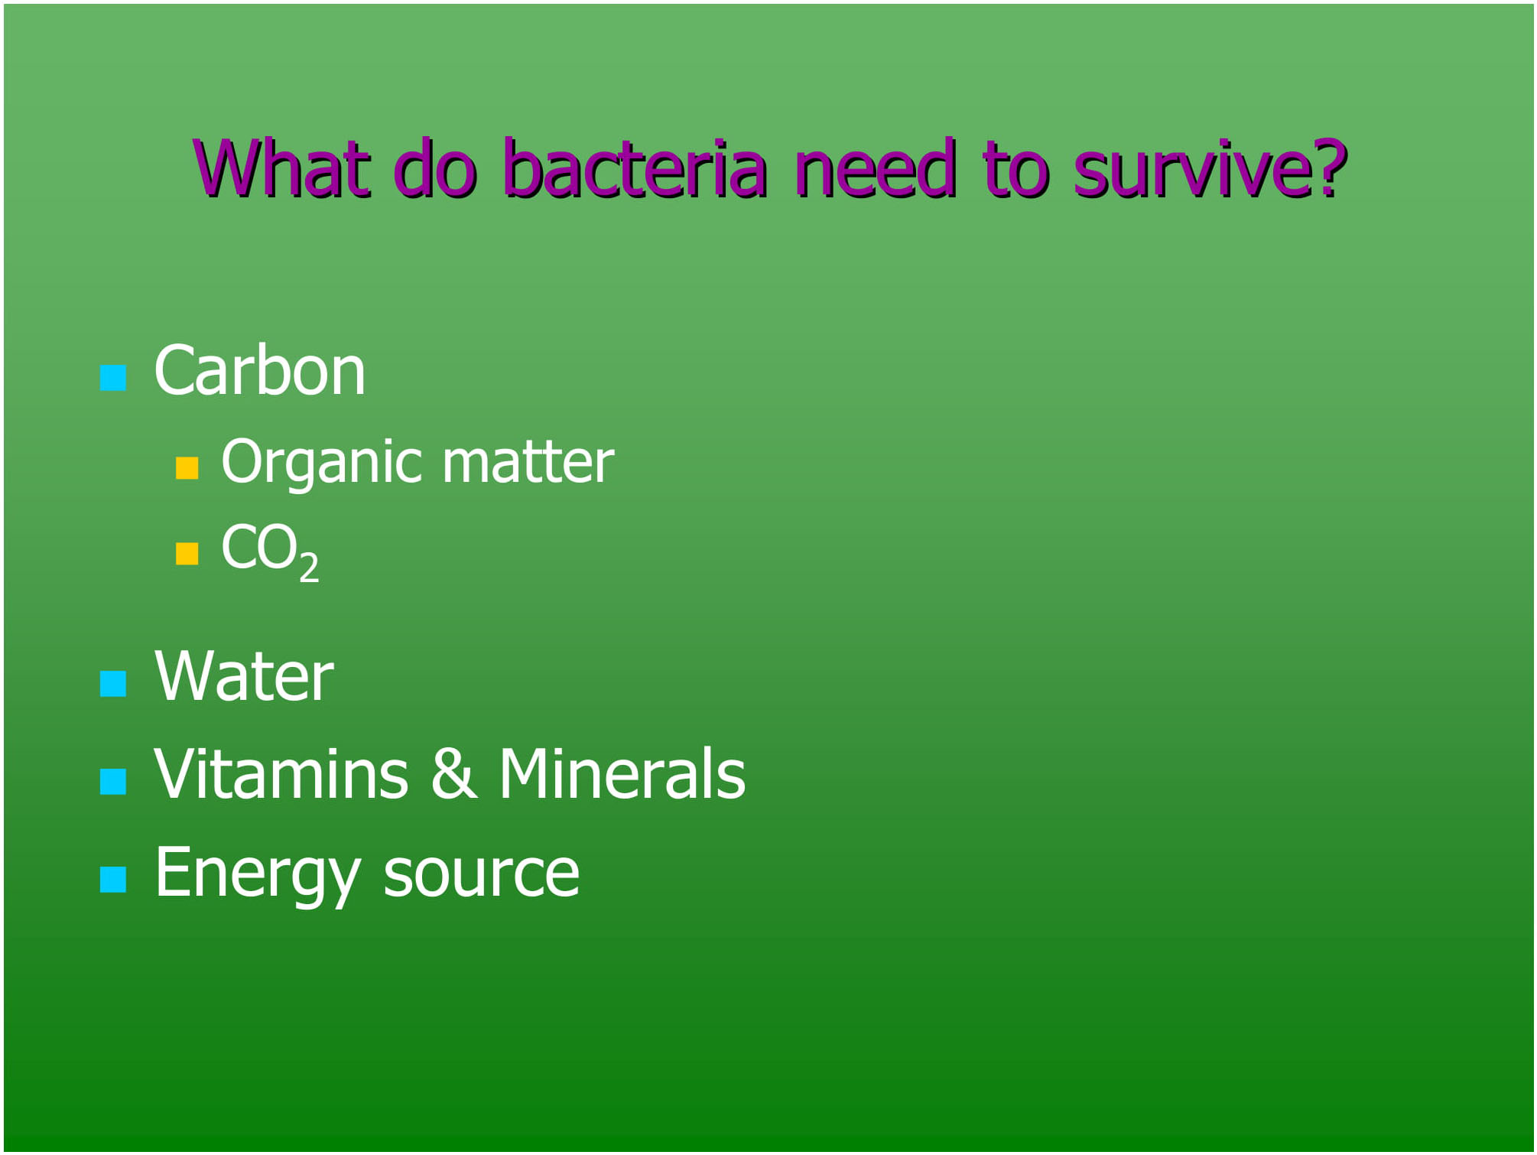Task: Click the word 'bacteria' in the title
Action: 635,168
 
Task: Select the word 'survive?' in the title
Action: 1210,168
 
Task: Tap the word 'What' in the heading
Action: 281,168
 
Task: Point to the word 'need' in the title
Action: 876,168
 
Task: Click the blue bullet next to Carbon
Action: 113,378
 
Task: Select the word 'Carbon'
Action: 260,371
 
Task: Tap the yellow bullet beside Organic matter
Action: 187,467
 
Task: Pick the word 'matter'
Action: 528,462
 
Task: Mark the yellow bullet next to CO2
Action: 187,553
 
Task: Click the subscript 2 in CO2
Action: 309,568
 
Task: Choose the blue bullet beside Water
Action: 113,684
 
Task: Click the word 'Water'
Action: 244,676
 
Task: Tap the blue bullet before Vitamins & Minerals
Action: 113,782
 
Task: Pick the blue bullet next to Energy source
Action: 113,880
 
